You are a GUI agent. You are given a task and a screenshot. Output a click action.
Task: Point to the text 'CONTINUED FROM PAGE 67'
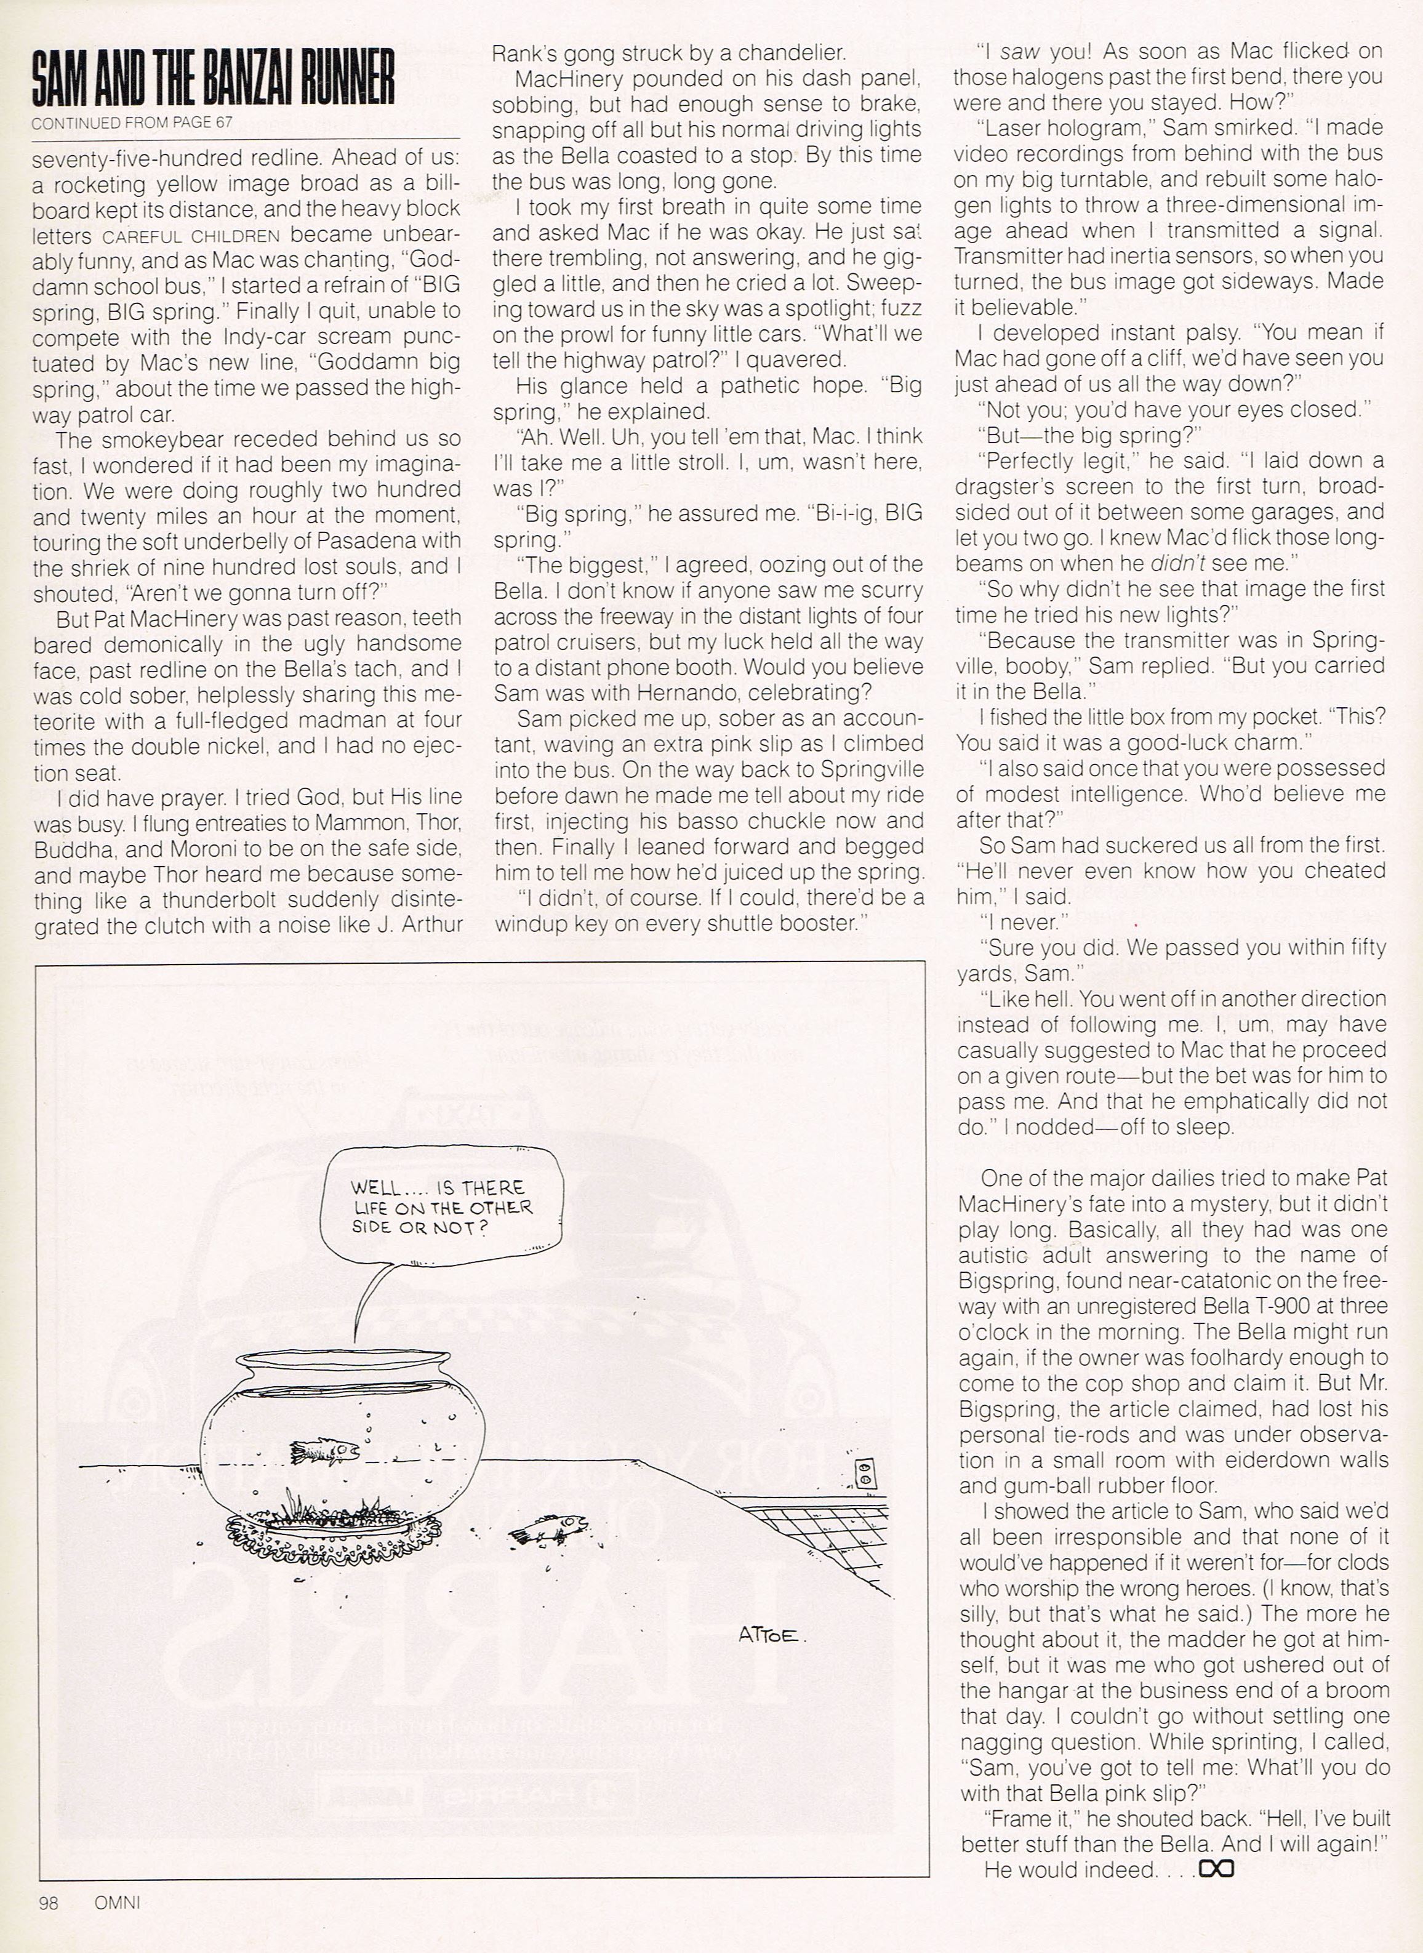[x=132, y=123]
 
